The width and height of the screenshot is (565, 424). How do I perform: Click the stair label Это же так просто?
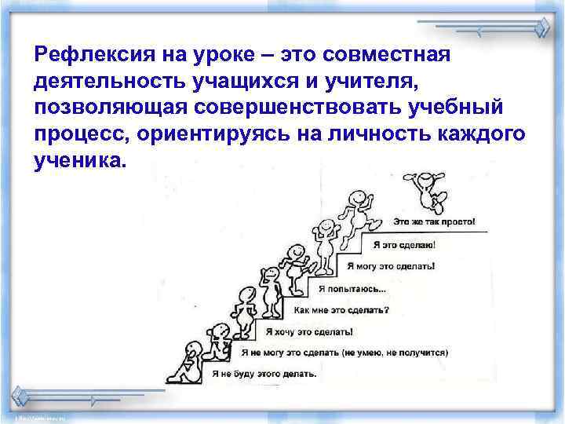(x=433, y=221)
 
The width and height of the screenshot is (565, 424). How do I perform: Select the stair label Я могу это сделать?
(x=391, y=265)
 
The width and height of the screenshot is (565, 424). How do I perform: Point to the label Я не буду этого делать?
(x=264, y=374)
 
